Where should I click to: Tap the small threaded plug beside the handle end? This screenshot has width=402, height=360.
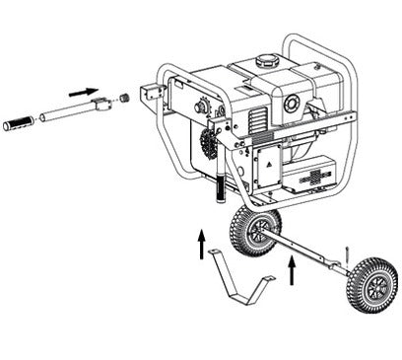[x=125, y=99]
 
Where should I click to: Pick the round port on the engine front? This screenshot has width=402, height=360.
[x=292, y=102]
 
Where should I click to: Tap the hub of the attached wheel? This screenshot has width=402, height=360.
[x=257, y=231]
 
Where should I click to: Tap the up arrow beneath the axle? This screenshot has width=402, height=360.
[x=292, y=270]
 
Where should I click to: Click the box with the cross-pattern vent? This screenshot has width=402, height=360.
[x=313, y=178]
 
